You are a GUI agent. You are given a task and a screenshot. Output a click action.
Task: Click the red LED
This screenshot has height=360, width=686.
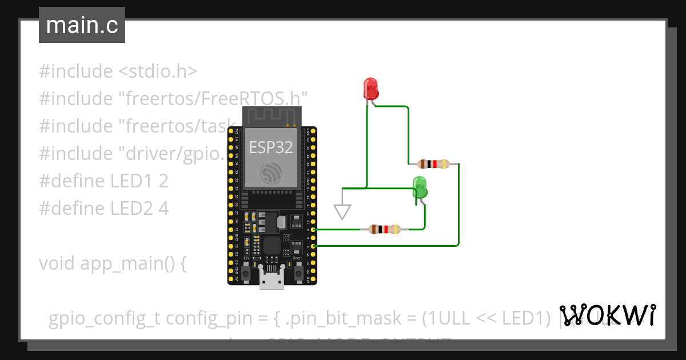point(371,89)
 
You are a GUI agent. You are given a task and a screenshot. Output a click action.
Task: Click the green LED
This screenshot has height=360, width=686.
point(420,187)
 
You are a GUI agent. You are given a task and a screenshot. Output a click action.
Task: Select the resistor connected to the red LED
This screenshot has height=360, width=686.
point(433,164)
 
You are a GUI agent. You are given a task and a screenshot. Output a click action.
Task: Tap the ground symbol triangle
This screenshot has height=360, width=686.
point(342,212)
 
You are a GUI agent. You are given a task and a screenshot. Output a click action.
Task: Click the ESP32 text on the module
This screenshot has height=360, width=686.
point(271,148)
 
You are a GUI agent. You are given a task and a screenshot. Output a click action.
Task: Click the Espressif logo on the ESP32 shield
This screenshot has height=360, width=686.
point(272,173)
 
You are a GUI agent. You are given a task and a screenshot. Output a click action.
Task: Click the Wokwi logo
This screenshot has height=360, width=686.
point(607,314)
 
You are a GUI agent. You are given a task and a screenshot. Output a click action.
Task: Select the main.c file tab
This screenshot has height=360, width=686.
point(82,26)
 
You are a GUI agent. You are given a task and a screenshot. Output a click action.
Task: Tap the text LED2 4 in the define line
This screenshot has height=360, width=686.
point(139,209)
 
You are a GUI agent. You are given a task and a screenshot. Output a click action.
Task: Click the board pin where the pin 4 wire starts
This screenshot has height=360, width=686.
point(312,229)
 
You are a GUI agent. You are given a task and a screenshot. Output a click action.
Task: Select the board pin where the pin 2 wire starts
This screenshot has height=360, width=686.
point(312,246)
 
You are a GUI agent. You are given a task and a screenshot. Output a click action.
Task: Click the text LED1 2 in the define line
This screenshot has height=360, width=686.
point(139,181)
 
